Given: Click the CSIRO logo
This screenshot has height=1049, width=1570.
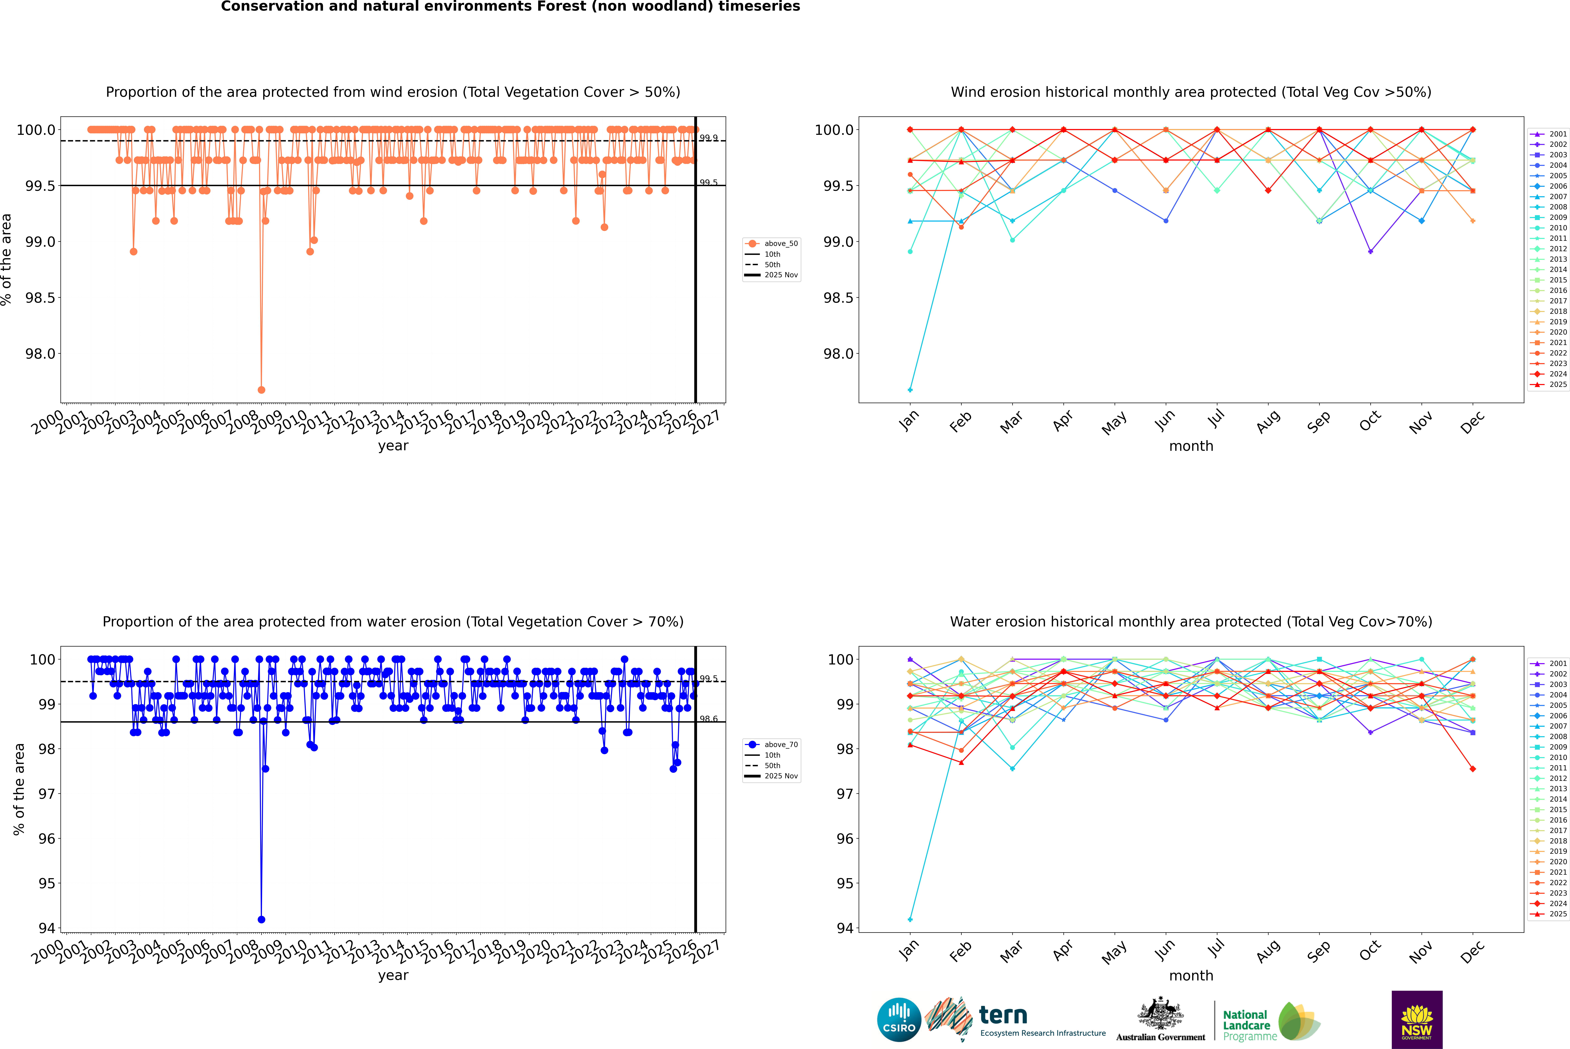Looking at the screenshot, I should [x=899, y=1020].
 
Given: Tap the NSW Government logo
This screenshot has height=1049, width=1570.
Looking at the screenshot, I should [x=1417, y=1020].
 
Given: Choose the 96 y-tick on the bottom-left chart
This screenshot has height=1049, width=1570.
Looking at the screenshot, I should [x=47, y=838].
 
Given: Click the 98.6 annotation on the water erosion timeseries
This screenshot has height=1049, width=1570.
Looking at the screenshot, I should [x=709, y=719].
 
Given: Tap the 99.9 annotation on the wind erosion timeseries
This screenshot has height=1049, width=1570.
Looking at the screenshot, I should [x=709, y=138].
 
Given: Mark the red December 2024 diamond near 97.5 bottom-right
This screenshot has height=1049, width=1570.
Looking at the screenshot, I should [x=1472, y=769].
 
